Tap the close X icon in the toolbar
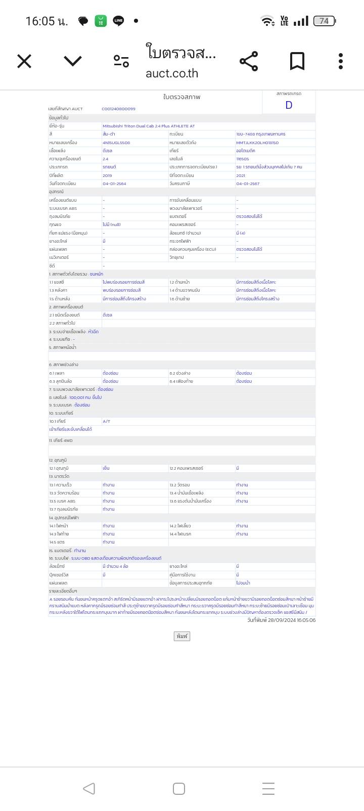click(x=24, y=62)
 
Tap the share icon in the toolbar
click(x=249, y=61)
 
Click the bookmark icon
click(x=297, y=61)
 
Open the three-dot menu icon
click(x=341, y=61)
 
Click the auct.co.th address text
click(x=172, y=73)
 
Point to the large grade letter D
click(x=289, y=105)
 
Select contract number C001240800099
click(x=118, y=109)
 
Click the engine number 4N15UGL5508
click(x=116, y=143)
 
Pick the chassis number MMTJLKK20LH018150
click(x=257, y=143)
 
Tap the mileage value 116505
click(x=243, y=159)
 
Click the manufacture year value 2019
click(x=107, y=175)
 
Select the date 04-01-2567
click(x=248, y=184)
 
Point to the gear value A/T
click(x=107, y=421)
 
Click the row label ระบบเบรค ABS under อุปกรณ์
click(x=63, y=208)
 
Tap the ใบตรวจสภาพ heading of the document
click(x=181, y=97)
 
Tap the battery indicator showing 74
click(x=324, y=21)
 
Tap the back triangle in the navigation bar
click(x=89, y=788)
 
